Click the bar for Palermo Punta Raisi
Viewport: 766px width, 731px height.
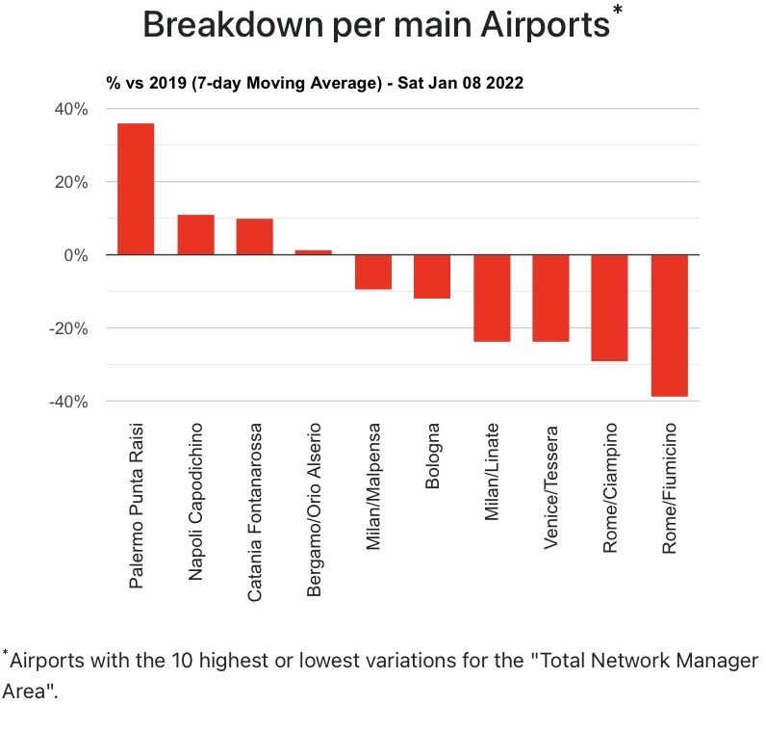coord(136,189)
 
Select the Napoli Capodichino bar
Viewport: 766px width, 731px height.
coord(195,234)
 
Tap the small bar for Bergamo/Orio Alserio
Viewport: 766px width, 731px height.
coord(314,252)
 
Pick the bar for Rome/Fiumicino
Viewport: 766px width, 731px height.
coord(670,326)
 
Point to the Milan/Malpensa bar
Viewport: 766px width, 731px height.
coord(373,272)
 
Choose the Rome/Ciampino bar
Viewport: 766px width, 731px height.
coord(610,307)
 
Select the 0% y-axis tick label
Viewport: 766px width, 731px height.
coord(77,255)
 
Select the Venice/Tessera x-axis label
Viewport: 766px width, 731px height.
coord(551,486)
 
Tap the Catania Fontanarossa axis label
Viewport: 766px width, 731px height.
coord(255,511)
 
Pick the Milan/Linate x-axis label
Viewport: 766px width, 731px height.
coord(493,472)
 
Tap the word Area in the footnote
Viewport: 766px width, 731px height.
coord(22,691)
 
